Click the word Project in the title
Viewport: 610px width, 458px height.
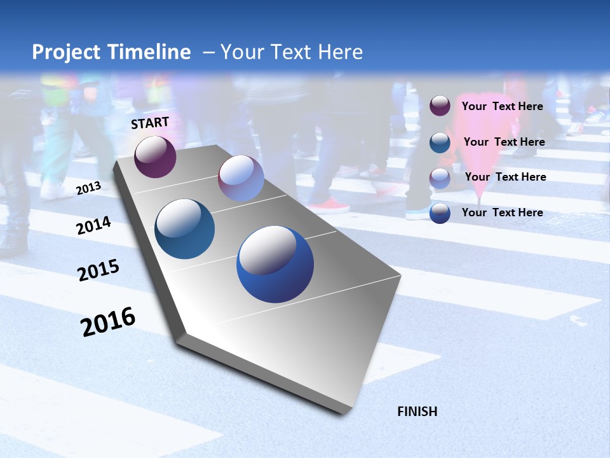pyautogui.click(x=65, y=52)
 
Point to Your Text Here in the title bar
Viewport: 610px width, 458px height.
pyautogui.click(x=292, y=52)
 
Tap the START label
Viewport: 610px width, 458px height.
pyautogui.click(x=150, y=123)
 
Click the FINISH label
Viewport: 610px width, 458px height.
pyautogui.click(x=417, y=412)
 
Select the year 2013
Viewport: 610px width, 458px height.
pyautogui.click(x=88, y=188)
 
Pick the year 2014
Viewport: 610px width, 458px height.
pyautogui.click(x=93, y=225)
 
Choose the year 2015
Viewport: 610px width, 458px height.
pyautogui.click(x=98, y=270)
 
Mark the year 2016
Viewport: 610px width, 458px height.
pyautogui.click(x=108, y=321)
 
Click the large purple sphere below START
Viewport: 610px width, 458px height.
pyautogui.click(x=155, y=156)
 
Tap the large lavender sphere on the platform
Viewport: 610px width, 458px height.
pyautogui.click(x=241, y=178)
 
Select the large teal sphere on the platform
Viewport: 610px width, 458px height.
pyautogui.click(x=184, y=229)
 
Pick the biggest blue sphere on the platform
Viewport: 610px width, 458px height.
pyautogui.click(x=275, y=264)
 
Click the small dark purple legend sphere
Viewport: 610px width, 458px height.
pyautogui.click(x=440, y=106)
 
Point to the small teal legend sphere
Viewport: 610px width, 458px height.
pyautogui.click(x=440, y=142)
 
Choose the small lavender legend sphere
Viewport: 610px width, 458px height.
pyautogui.click(x=440, y=178)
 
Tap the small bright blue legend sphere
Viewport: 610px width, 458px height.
pyautogui.click(x=440, y=213)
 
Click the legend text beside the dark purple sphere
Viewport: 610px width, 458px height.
pyautogui.click(x=502, y=106)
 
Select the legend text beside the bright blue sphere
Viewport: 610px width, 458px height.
pyautogui.click(x=502, y=212)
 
